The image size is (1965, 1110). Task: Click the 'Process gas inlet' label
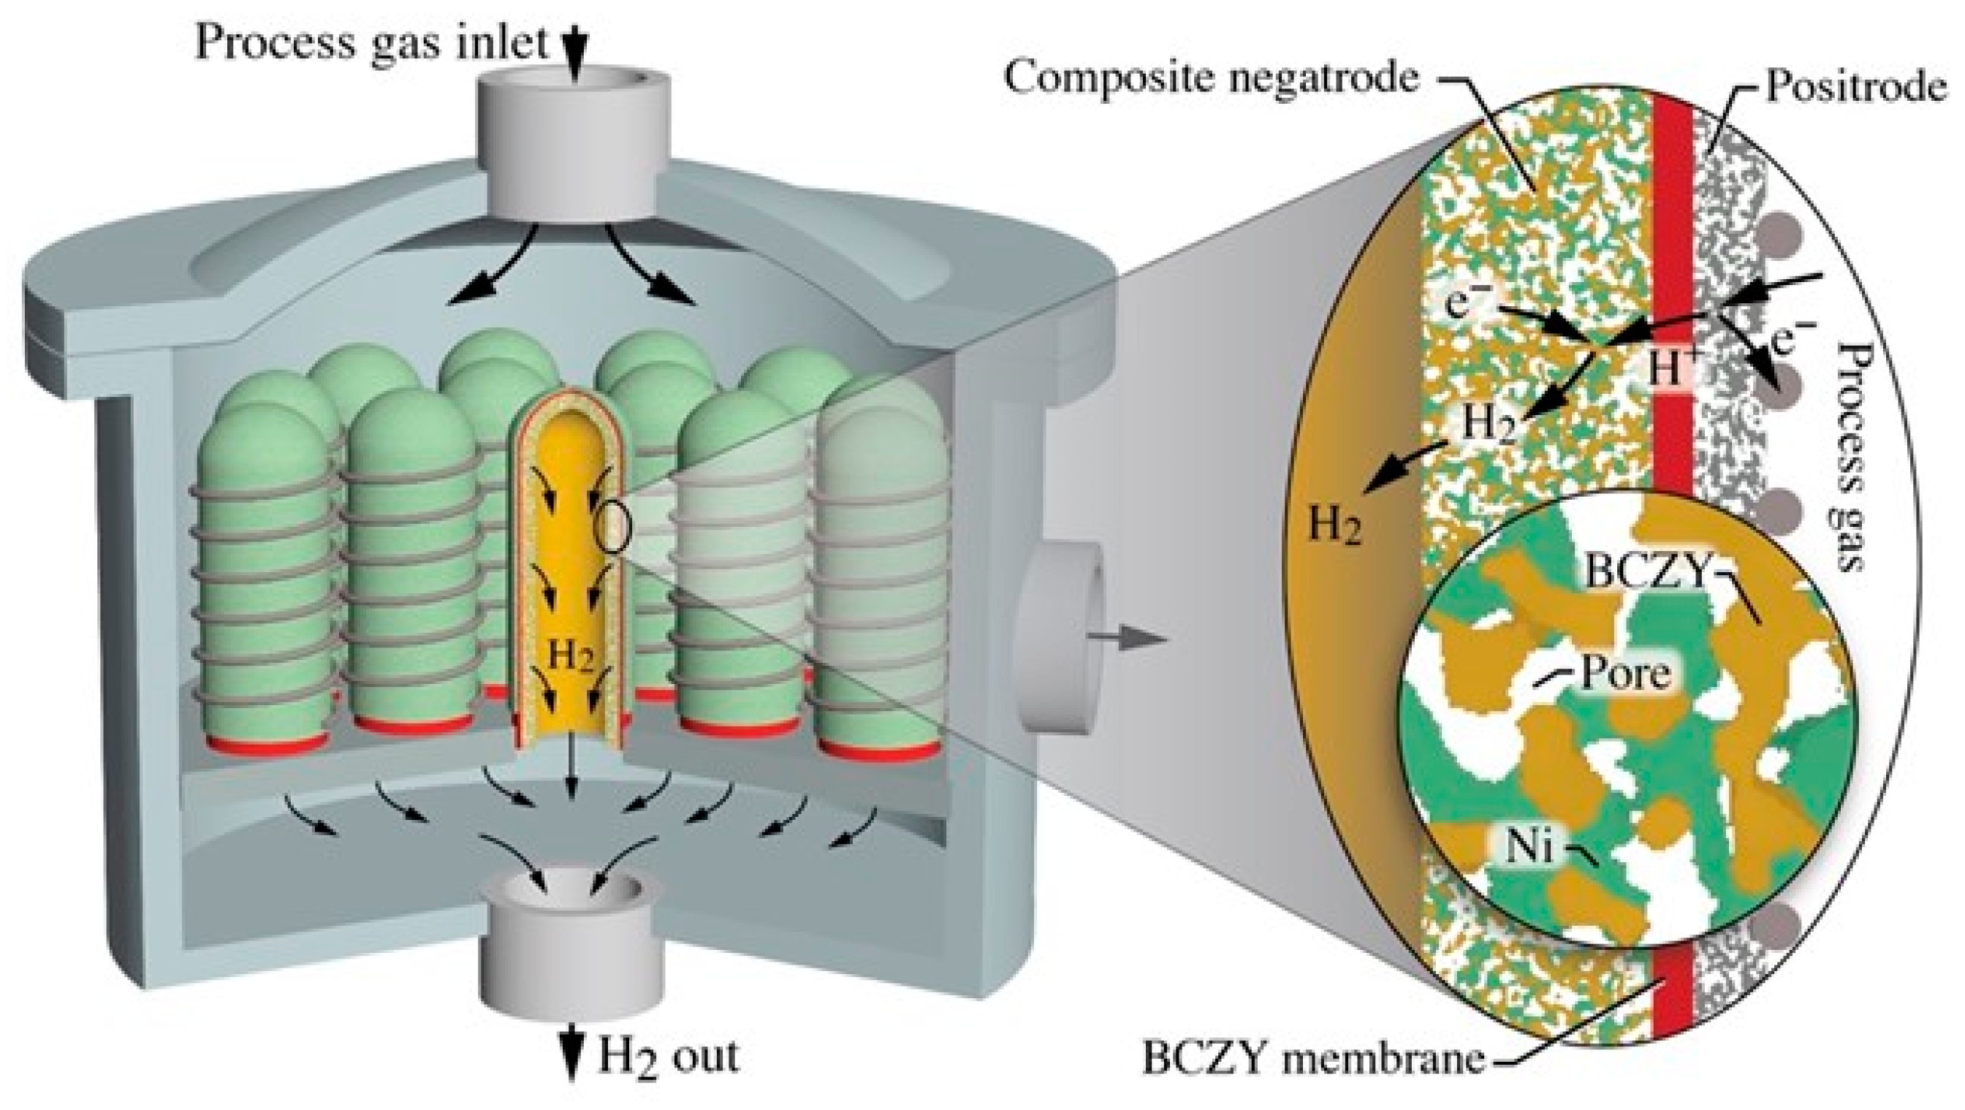(372, 42)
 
